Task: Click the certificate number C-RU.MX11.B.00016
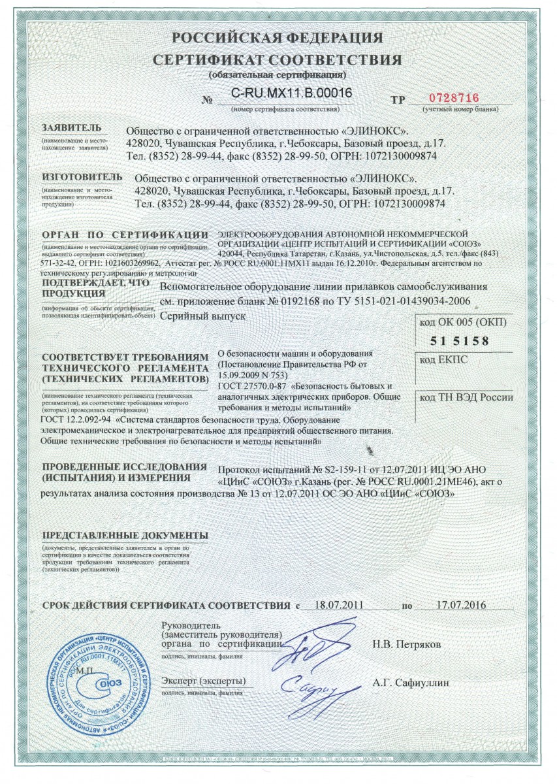coord(292,93)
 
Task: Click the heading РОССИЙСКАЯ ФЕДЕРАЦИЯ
coord(278,37)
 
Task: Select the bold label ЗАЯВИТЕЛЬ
coord(72,127)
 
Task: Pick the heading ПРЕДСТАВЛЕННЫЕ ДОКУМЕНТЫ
coord(124,535)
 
